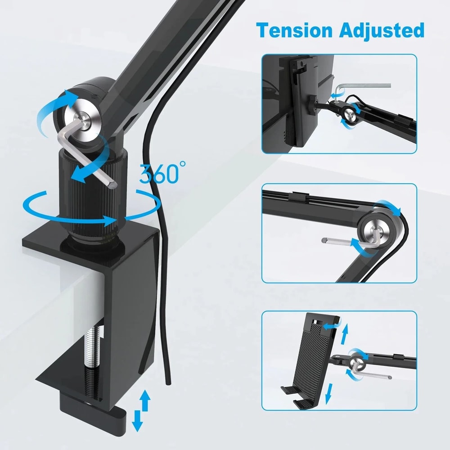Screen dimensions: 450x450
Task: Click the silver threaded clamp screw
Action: click(x=92, y=355)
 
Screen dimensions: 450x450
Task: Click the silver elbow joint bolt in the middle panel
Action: click(x=374, y=229)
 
